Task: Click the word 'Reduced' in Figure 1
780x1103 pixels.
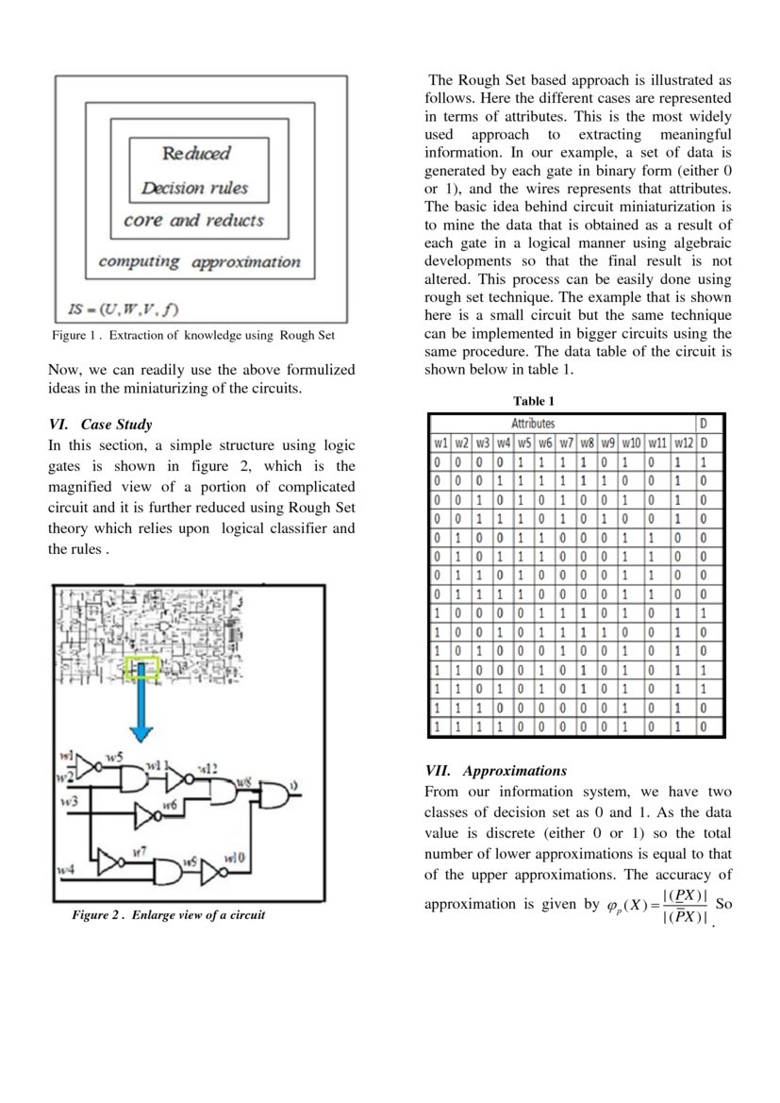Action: pos(196,153)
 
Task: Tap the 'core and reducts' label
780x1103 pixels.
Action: pos(193,221)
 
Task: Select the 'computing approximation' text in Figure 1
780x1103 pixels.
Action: pos(199,261)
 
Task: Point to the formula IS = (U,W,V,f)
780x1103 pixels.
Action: pos(124,309)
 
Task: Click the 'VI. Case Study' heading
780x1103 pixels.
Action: pos(100,425)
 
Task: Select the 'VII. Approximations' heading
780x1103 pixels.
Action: pos(495,770)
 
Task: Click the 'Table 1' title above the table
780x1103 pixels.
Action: pos(534,401)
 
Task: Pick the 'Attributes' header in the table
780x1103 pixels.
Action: pos(533,424)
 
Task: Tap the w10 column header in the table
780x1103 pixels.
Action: pos(632,442)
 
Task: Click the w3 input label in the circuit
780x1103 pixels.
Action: pos(67,801)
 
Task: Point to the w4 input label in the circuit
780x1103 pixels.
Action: pos(65,866)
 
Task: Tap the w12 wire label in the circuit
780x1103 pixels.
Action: pos(207,768)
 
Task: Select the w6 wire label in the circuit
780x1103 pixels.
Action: pos(170,804)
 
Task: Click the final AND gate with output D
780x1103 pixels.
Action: pos(274,796)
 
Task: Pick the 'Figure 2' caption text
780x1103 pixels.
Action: pos(169,915)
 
